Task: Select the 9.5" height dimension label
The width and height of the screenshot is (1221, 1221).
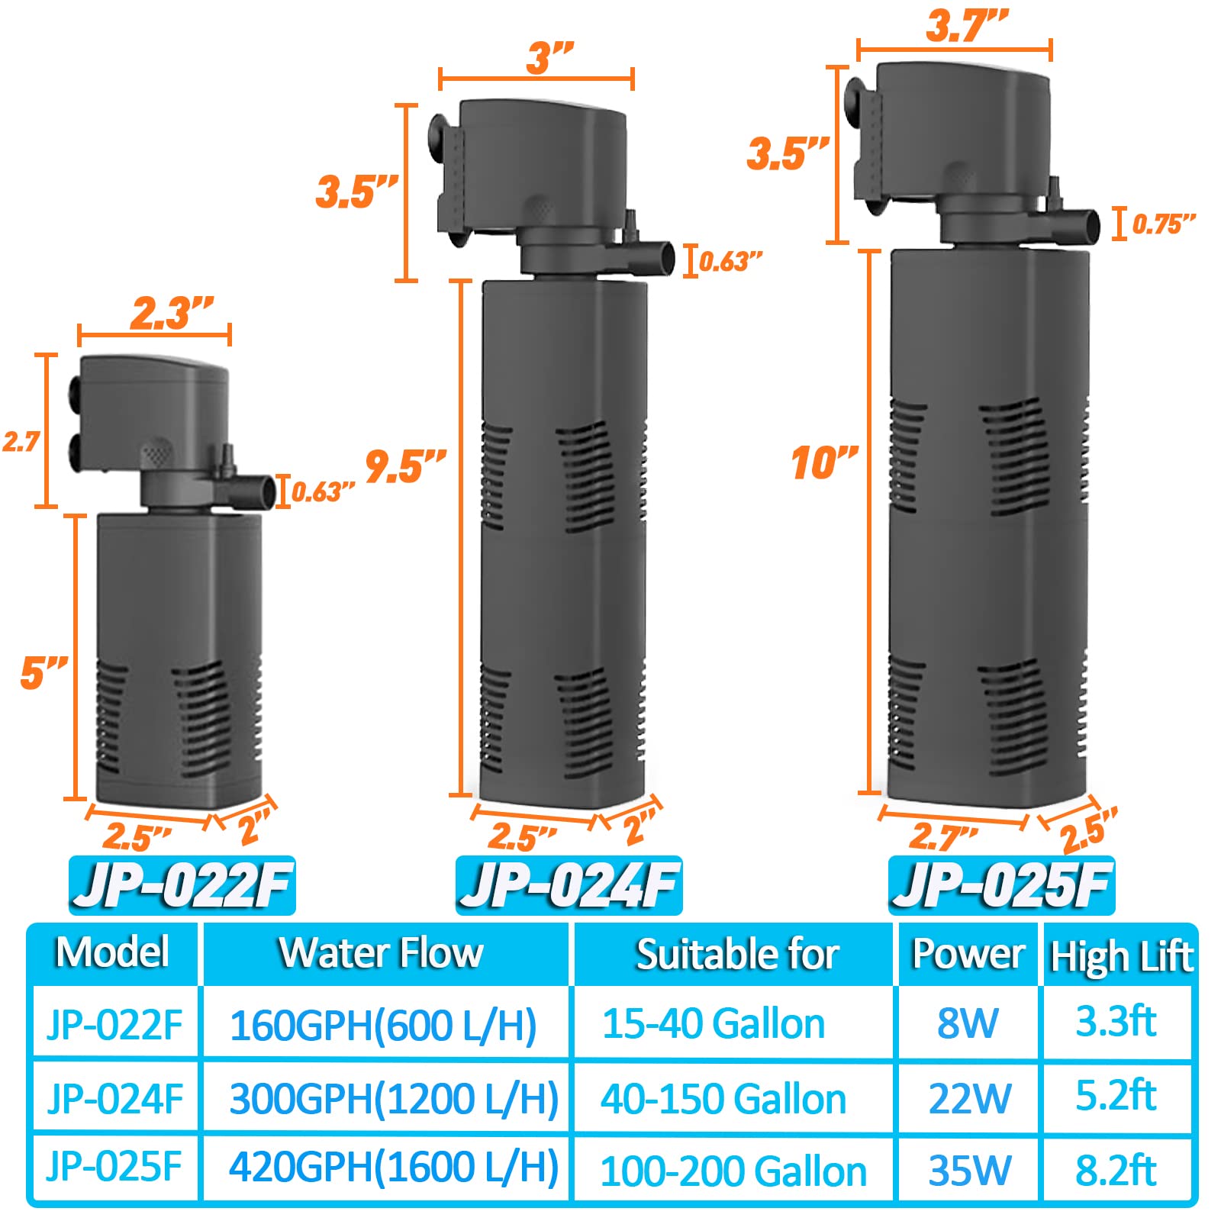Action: tap(405, 466)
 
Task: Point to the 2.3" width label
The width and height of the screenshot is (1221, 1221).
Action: tap(171, 313)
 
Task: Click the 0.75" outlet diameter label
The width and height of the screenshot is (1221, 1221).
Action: tap(1162, 224)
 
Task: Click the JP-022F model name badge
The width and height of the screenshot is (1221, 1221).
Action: tap(182, 885)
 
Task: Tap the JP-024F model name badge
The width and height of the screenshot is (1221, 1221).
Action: tap(569, 885)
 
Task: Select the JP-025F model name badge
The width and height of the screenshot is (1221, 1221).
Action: tap(1001, 885)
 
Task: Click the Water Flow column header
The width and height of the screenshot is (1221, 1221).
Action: tap(382, 953)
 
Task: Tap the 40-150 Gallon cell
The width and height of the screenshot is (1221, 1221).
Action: tap(723, 1099)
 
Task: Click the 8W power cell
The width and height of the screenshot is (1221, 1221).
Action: tap(968, 1023)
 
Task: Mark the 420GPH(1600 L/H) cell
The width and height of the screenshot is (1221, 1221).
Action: tap(394, 1168)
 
